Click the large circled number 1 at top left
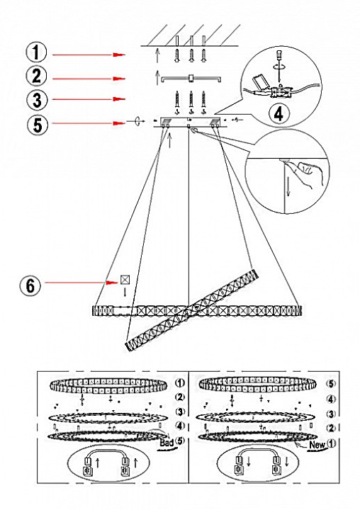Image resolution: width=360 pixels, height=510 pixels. [36, 52]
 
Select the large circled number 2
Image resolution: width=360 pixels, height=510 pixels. [36, 76]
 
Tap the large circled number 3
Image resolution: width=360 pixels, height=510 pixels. [37, 100]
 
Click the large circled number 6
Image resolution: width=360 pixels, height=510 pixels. [30, 286]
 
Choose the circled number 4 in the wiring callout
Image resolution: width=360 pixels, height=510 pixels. [279, 114]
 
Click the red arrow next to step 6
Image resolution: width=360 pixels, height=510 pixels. [81, 283]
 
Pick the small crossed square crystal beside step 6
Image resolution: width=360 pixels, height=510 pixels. [125, 280]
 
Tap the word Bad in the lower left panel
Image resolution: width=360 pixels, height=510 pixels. [167, 443]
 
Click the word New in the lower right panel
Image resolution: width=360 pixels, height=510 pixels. [317, 445]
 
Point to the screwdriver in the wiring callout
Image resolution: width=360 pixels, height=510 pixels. [279, 67]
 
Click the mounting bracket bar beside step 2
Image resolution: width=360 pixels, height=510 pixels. [192, 79]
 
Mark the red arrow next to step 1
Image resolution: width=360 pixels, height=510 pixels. [89, 55]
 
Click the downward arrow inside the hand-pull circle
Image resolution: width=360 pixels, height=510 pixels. [288, 188]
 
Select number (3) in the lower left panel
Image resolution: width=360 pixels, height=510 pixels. [180, 412]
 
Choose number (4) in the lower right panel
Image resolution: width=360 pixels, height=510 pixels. [331, 399]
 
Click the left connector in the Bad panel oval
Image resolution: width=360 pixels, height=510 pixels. [88, 467]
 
